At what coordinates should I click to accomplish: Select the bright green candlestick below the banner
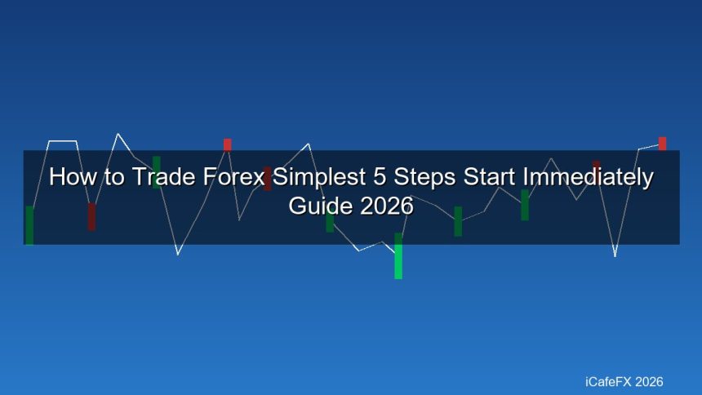tap(398, 256)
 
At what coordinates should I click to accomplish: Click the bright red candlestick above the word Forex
tap(228, 144)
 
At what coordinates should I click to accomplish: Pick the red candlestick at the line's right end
tap(663, 144)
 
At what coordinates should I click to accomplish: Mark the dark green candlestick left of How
tap(29, 225)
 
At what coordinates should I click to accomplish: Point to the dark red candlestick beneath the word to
tap(91, 216)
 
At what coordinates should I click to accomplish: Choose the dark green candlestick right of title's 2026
tap(458, 221)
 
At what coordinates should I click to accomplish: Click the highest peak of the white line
tap(118, 134)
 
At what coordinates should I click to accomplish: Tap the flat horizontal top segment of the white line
tap(63, 141)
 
